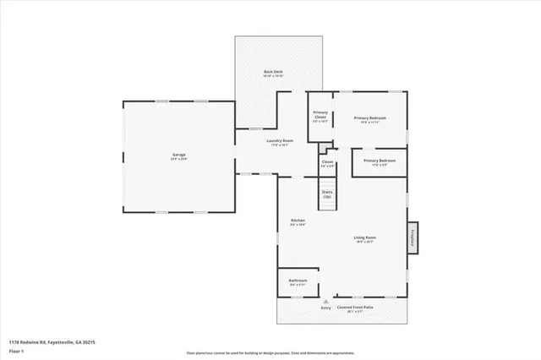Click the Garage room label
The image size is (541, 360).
click(x=179, y=155)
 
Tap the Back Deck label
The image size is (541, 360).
click(x=272, y=72)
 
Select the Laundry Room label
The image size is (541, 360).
click(x=279, y=140)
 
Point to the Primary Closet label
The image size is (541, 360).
click(x=320, y=114)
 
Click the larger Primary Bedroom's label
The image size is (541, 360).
click(x=369, y=117)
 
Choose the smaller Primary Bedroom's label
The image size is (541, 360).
click(x=380, y=161)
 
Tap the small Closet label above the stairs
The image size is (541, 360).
click(x=327, y=161)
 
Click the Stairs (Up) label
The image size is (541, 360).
click(x=327, y=194)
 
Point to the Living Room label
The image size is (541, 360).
click(x=364, y=237)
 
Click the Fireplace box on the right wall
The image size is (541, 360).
click(x=413, y=237)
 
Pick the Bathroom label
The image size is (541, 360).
click(x=298, y=281)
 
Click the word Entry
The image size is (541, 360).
click(x=326, y=308)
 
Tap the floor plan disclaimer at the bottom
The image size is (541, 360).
click(x=270, y=352)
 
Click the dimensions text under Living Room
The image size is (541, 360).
click(x=364, y=243)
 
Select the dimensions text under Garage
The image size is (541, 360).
click(x=179, y=160)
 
